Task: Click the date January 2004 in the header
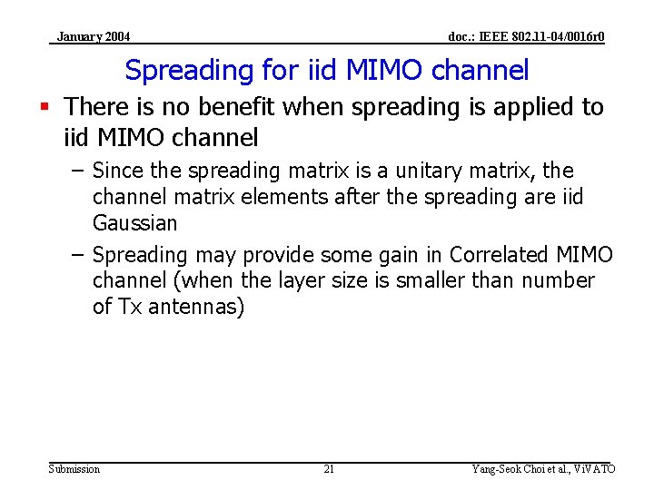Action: coord(93,37)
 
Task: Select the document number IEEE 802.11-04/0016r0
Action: coord(526,37)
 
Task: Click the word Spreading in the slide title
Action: coord(175,70)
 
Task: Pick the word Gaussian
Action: coord(134,223)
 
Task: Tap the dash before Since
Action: coord(78,171)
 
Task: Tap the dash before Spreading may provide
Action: coord(78,255)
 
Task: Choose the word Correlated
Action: coord(499,255)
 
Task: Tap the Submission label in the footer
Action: coord(74,469)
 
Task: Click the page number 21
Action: coord(329,469)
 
